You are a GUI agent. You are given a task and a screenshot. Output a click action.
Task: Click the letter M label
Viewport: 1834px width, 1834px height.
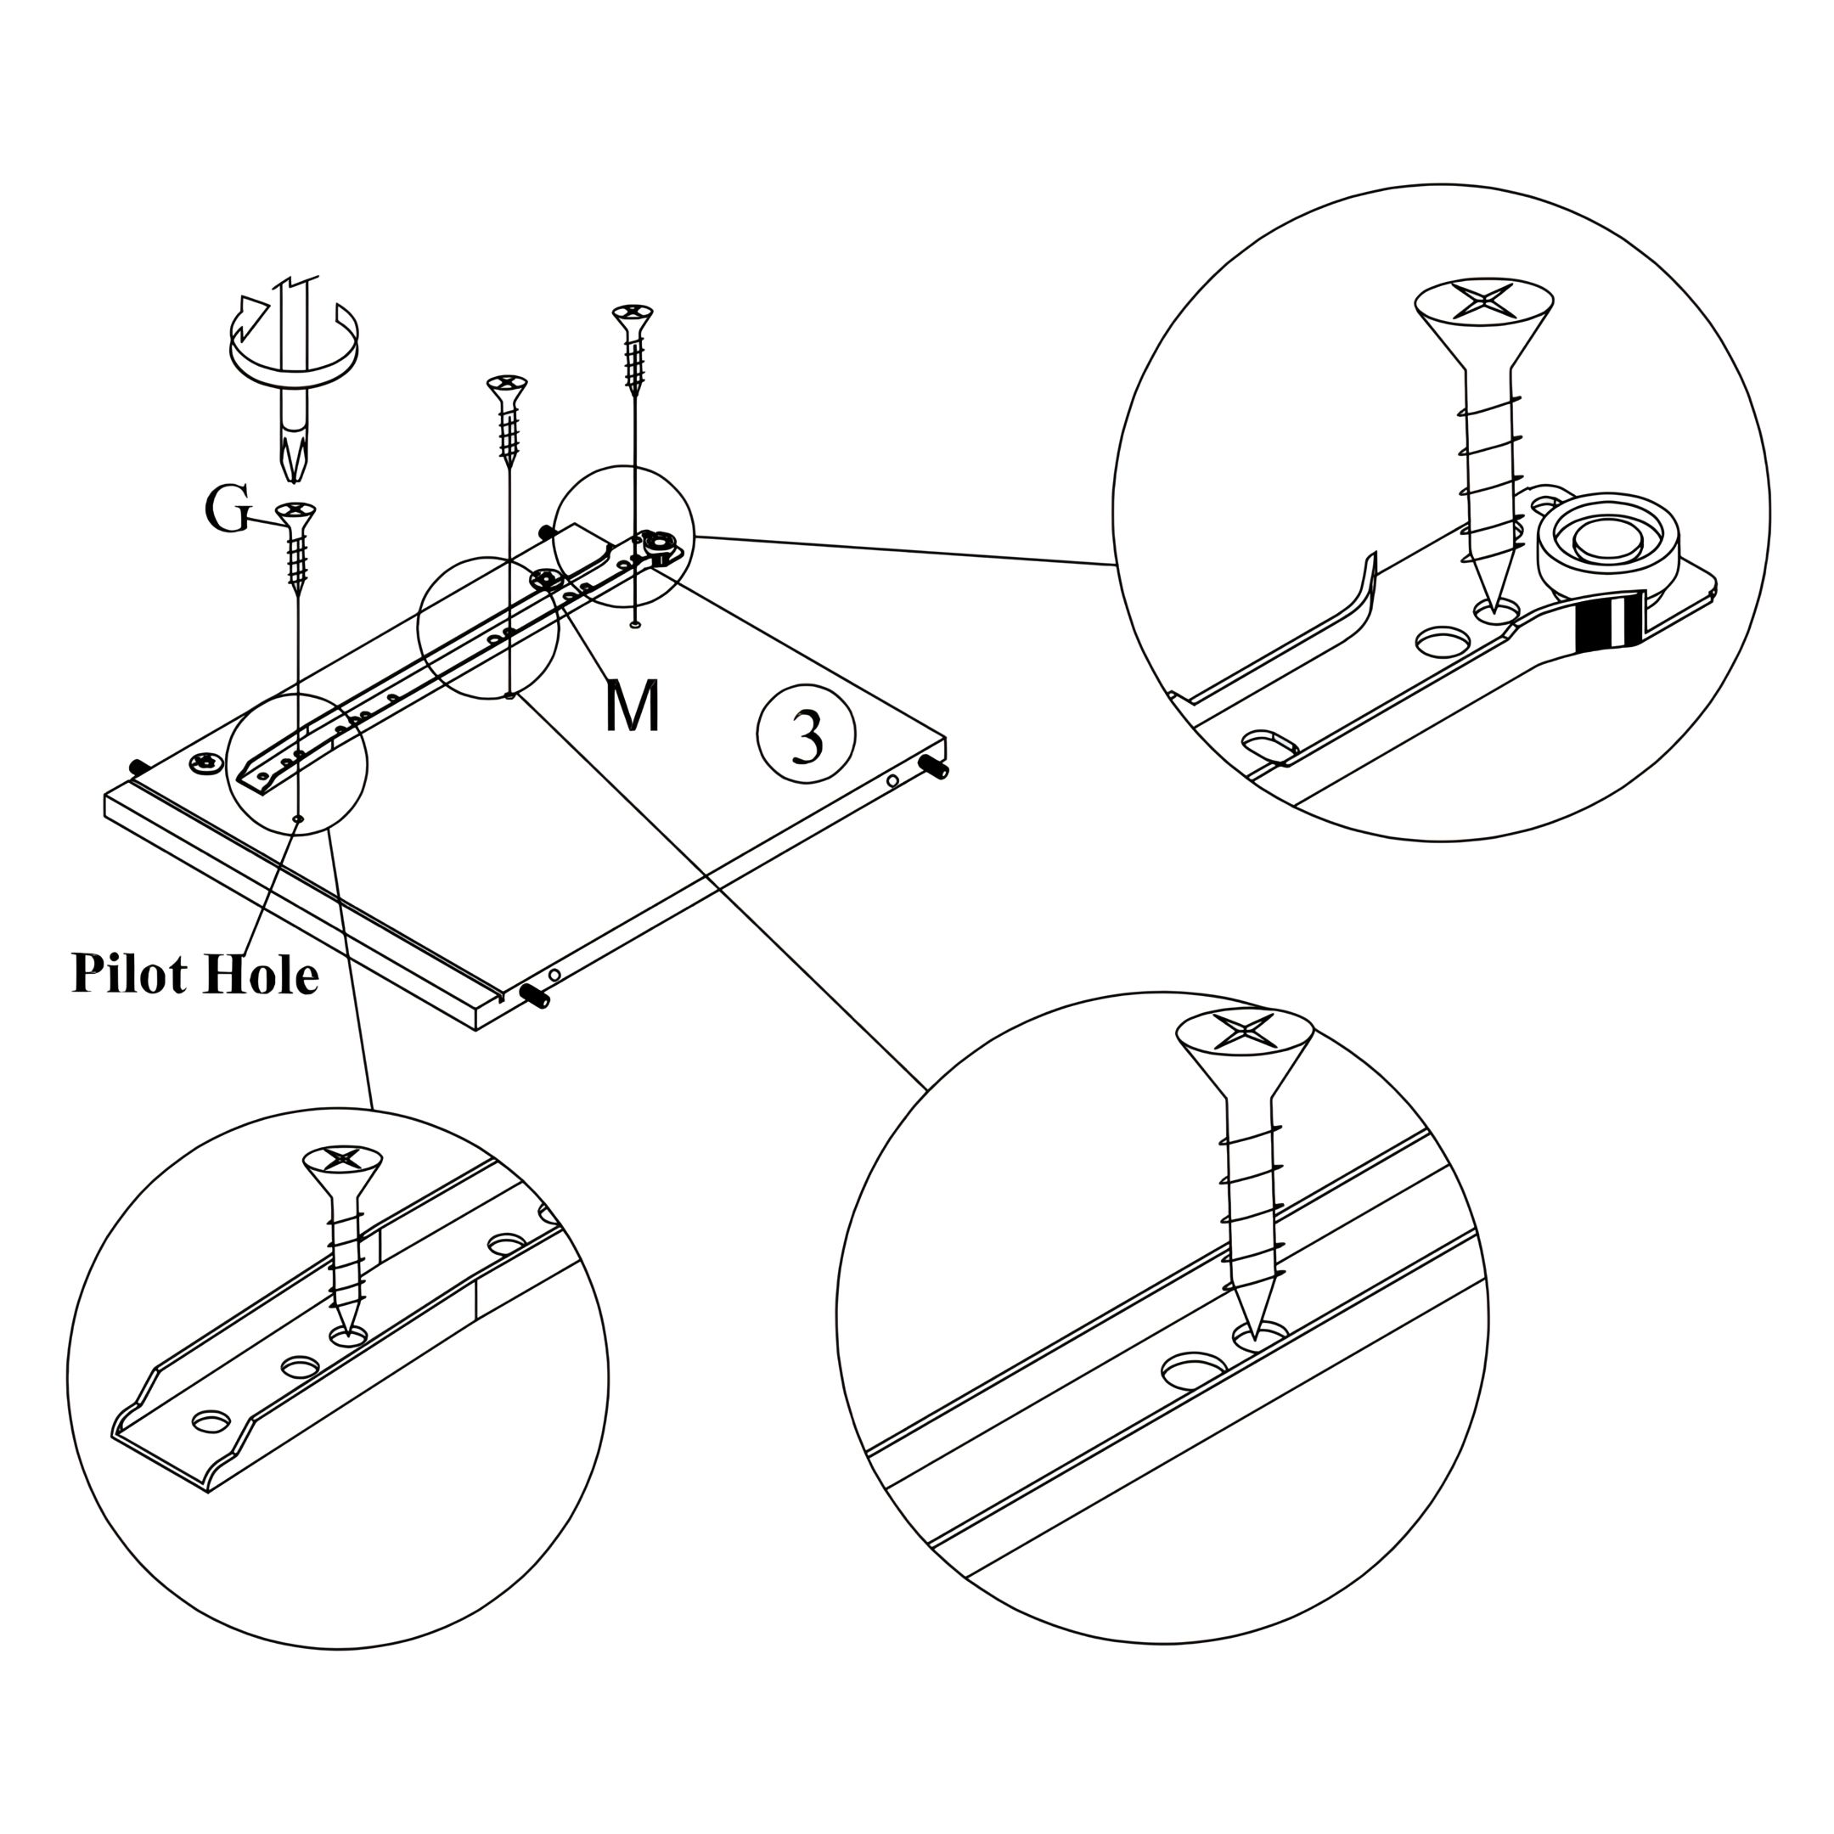[633, 706]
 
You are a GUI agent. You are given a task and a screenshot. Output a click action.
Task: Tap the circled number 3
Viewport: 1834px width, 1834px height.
[806, 734]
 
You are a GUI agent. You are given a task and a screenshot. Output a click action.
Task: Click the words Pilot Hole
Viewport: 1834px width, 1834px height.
[194, 976]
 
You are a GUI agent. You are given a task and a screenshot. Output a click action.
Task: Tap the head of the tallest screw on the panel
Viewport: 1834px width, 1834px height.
[633, 312]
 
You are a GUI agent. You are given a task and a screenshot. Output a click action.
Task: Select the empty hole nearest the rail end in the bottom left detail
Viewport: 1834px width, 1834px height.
[211, 1421]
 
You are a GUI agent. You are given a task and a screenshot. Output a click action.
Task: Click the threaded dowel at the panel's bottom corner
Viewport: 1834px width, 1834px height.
[537, 997]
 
